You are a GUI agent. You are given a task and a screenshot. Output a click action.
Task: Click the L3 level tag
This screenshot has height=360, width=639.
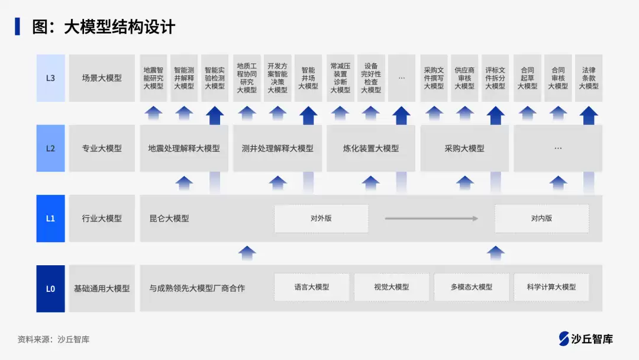pyautogui.click(x=50, y=78)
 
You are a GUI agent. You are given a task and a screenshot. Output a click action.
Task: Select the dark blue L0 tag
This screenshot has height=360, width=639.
pyautogui.click(x=50, y=289)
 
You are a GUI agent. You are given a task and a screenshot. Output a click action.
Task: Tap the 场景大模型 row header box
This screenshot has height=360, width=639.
pyautogui.click(x=102, y=78)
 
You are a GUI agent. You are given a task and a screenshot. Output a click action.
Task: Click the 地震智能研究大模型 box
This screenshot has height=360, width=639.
pyautogui.click(x=153, y=78)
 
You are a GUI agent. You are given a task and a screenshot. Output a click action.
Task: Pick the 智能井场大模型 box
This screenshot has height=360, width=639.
pyautogui.click(x=308, y=78)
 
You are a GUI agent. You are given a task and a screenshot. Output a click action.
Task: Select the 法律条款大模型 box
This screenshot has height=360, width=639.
pyautogui.click(x=589, y=78)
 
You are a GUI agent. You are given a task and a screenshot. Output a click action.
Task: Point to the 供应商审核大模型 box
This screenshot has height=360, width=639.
pyautogui.click(x=464, y=78)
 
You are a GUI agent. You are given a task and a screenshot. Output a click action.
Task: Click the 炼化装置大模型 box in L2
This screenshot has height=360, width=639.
pyautogui.click(x=371, y=149)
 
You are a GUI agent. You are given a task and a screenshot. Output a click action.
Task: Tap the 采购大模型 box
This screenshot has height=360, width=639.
pyautogui.click(x=464, y=149)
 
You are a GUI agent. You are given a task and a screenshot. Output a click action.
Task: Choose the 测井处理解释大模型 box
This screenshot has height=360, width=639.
pyautogui.click(x=277, y=149)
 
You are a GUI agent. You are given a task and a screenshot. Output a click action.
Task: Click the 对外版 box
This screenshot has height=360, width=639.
pyautogui.click(x=321, y=218)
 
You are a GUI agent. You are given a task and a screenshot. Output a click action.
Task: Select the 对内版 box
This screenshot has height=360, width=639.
pyautogui.click(x=541, y=218)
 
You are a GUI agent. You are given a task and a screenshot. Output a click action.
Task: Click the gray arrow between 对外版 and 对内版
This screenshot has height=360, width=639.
pyautogui.click(x=431, y=218)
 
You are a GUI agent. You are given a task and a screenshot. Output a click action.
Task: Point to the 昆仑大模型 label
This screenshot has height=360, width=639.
pyautogui.click(x=169, y=218)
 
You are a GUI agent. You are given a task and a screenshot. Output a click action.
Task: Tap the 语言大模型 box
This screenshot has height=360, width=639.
pyautogui.click(x=312, y=287)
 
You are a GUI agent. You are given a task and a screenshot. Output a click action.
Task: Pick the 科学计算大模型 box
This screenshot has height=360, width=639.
pyautogui.click(x=551, y=287)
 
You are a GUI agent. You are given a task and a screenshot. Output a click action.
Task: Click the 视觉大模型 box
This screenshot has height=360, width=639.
pyautogui.click(x=392, y=287)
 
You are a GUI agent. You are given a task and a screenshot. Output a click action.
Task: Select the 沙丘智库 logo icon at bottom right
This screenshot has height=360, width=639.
pyautogui.click(x=564, y=339)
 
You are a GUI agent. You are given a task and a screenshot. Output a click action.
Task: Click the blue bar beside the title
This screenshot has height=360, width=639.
pyautogui.click(x=17, y=27)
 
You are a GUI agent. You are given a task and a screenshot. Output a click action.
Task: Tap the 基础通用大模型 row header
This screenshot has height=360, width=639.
pyautogui.click(x=102, y=289)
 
